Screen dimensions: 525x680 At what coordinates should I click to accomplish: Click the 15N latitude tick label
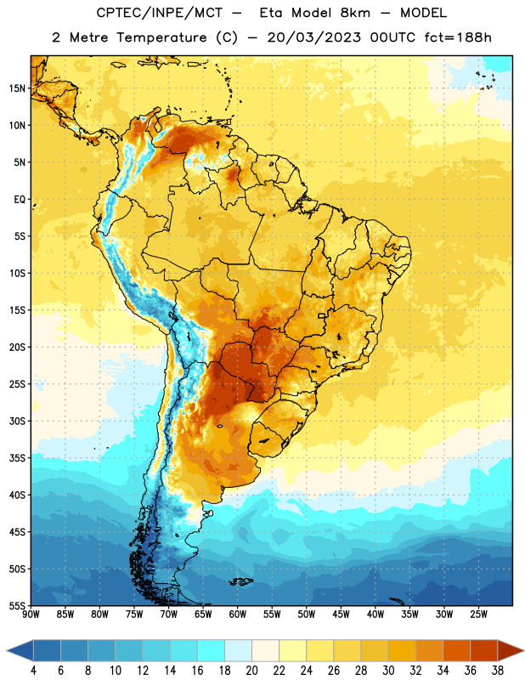click(17, 88)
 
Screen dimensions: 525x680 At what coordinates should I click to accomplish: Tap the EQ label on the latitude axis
click(20, 200)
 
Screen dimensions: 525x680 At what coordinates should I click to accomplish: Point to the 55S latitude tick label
click(17, 605)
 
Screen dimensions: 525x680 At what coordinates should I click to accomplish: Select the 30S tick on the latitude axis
click(17, 421)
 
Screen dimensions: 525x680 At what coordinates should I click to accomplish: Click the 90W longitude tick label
click(31, 615)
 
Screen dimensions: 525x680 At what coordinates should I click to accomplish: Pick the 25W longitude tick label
click(478, 615)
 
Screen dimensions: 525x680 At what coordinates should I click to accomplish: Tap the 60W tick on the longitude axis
click(238, 615)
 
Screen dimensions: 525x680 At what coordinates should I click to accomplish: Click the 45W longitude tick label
click(341, 615)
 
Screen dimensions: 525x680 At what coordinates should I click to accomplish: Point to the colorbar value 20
click(251, 671)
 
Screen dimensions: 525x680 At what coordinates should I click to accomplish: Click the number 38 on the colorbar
click(498, 671)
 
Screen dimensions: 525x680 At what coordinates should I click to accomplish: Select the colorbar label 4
click(33, 671)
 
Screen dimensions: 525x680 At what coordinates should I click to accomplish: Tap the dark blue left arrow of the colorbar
click(20, 650)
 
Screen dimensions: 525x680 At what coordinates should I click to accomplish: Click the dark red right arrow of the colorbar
click(511, 650)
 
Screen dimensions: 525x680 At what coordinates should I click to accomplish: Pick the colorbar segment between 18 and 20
click(238, 650)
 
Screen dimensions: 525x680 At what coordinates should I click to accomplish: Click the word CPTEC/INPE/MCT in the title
click(159, 13)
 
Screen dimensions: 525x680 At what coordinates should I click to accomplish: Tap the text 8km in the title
click(355, 13)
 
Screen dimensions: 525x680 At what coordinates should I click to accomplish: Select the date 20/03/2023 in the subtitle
click(313, 37)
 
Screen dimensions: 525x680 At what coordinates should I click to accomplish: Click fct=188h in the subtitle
click(458, 37)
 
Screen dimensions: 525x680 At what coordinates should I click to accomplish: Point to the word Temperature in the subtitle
click(161, 37)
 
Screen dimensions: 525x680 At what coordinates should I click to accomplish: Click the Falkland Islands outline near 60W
click(240, 581)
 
